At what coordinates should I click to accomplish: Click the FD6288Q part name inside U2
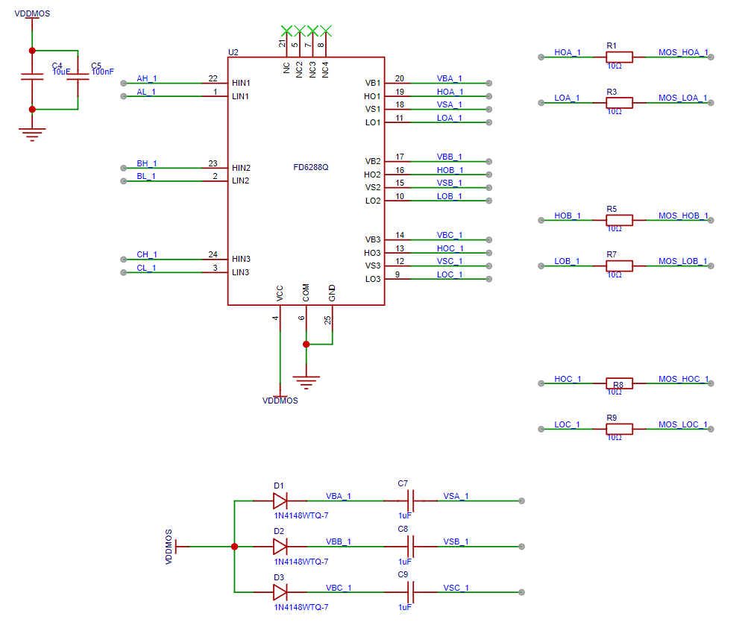(x=310, y=168)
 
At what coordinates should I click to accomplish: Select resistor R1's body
(x=619, y=57)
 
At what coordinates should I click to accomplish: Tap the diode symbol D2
(x=280, y=547)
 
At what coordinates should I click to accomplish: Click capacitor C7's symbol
(x=411, y=501)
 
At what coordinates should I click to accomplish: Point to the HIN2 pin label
(x=241, y=168)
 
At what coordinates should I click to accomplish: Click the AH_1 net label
(x=146, y=79)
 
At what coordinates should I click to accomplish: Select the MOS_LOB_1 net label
(x=682, y=262)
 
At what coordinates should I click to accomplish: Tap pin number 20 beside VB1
(x=399, y=79)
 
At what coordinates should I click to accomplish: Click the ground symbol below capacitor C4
(x=32, y=134)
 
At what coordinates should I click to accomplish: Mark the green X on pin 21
(x=286, y=31)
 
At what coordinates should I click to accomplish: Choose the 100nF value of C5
(x=103, y=72)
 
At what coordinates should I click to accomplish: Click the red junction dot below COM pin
(x=307, y=344)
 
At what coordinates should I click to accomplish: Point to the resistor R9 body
(x=619, y=429)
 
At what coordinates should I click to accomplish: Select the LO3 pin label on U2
(x=373, y=279)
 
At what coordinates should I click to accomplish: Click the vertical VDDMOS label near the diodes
(x=169, y=547)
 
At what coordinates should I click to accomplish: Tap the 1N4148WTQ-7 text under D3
(x=301, y=607)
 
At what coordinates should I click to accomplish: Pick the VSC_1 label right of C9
(x=456, y=588)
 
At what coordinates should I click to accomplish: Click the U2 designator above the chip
(x=233, y=52)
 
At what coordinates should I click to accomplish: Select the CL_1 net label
(x=146, y=269)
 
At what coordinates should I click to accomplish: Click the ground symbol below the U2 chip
(x=307, y=382)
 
